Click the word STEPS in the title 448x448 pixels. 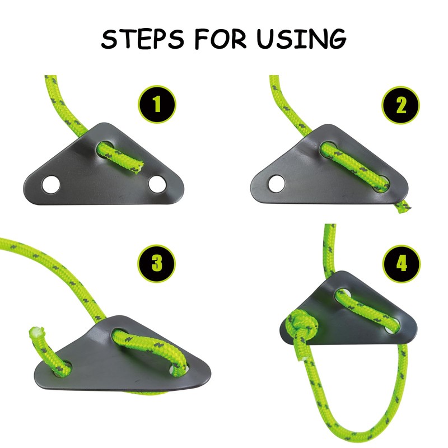(143, 39)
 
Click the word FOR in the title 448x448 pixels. (220, 39)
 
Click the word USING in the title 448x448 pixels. (301, 38)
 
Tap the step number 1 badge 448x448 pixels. (157, 104)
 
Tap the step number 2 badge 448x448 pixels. (401, 105)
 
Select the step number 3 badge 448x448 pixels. (157, 263)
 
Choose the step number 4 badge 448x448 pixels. (402, 264)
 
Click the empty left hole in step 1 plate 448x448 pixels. (51, 185)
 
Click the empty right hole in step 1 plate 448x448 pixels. (157, 185)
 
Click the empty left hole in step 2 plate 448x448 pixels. (277, 184)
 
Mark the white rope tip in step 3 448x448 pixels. (36, 331)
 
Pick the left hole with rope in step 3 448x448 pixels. (63, 369)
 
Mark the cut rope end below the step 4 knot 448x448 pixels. (301, 356)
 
